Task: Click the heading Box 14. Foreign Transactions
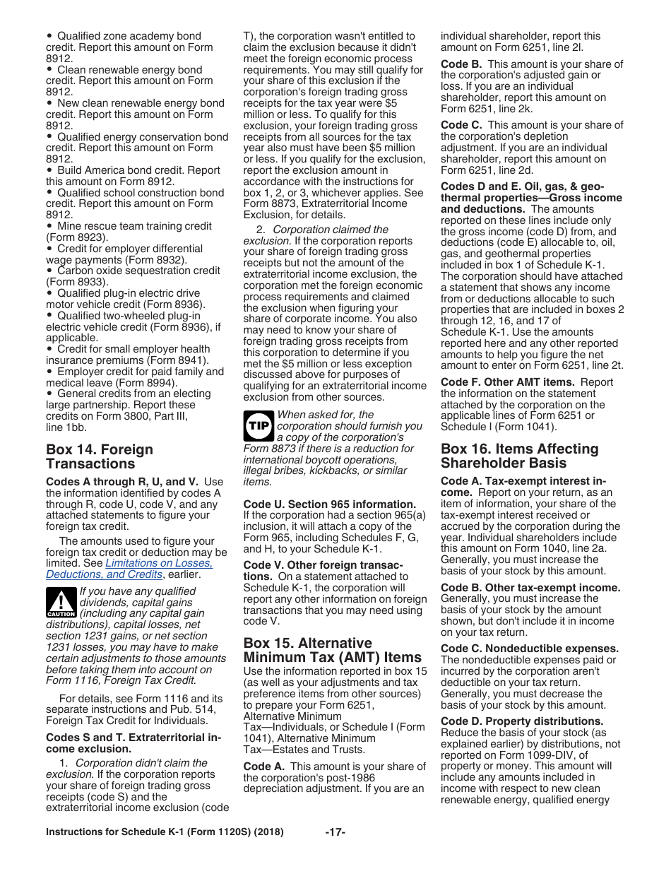[x=99, y=456]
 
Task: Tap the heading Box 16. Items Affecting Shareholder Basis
[x=519, y=456]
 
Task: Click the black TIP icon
[x=256, y=426]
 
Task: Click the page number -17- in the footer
[x=335, y=832]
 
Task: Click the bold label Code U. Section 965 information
[x=329, y=504]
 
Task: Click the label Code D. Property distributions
[x=522, y=721]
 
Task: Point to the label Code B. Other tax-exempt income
[x=530, y=587]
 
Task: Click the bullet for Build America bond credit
[x=49, y=170]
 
